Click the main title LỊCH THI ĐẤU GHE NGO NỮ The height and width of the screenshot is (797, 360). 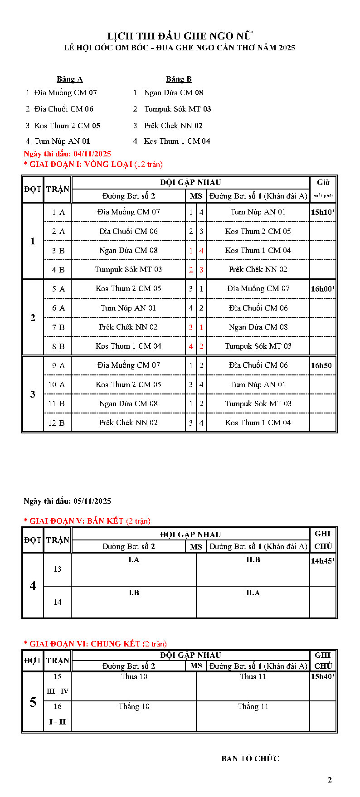click(x=180, y=36)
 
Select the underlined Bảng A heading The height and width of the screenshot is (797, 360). click(x=69, y=79)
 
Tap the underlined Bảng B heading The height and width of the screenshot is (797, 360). click(x=179, y=79)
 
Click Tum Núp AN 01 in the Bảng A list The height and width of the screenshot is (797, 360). click(x=62, y=141)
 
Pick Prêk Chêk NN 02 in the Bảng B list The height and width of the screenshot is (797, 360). click(x=173, y=126)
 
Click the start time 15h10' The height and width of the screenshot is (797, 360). click(x=322, y=212)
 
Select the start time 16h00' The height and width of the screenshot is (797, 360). click(x=322, y=289)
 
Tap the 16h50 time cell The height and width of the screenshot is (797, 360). click(x=321, y=365)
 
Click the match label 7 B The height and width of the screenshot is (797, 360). click(x=58, y=327)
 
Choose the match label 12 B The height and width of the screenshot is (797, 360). click(x=57, y=423)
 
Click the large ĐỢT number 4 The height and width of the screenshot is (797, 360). click(x=33, y=586)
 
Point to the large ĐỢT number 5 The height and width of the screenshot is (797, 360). click(x=33, y=702)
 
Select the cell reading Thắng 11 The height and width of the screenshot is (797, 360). click(x=253, y=706)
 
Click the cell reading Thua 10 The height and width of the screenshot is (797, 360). click(x=134, y=677)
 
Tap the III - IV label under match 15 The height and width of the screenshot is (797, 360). click(x=57, y=691)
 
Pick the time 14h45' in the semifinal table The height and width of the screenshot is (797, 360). click(x=322, y=561)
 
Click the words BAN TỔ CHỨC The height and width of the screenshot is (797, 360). click(x=250, y=758)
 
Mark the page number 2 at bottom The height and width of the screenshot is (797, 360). click(x=330, y=780)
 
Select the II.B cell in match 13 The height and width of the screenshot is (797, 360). click(x=253, y=560)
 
